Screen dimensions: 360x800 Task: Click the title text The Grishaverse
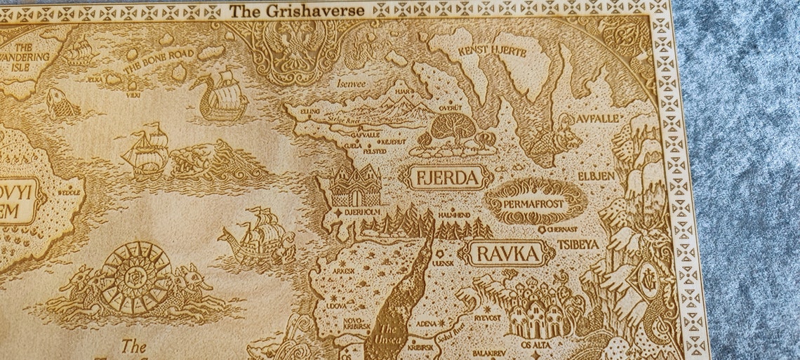tap(298, 11)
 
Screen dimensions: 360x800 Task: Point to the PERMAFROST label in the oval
tap(535, 203)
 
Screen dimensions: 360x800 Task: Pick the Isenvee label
tap(352, 82)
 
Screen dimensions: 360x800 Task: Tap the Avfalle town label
tap(597, 119)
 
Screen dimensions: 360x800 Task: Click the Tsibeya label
tap(578, 244)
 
